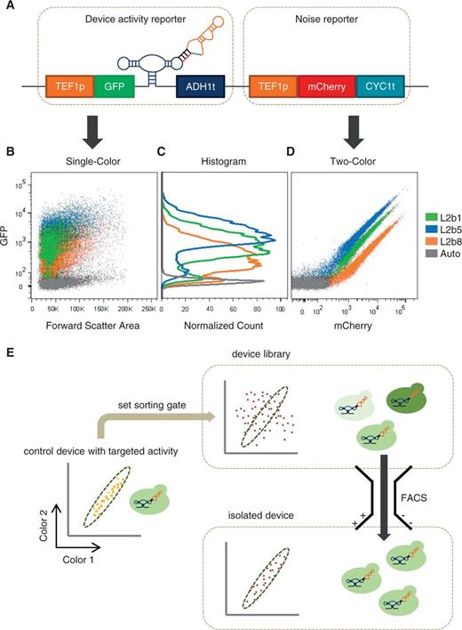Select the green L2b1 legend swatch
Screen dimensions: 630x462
coord(421,197)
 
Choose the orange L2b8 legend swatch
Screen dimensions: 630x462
coord(421,227)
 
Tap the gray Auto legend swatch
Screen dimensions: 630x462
coord(421,242)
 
